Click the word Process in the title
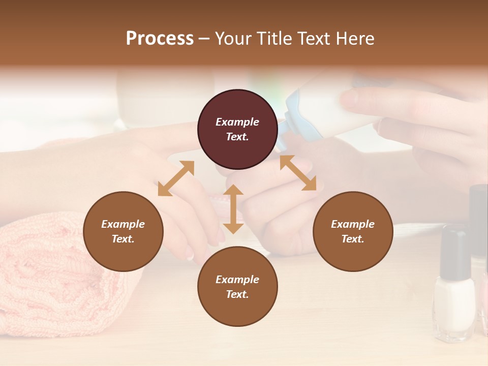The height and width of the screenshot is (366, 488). (x=160, y=39)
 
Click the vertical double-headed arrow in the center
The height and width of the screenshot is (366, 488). (x=233, y=209)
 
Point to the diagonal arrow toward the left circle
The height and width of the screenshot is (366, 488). (x=176, y=178)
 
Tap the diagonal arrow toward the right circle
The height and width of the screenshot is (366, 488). (x=298, y=173)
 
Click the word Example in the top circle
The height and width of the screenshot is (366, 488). (x=237, y=122)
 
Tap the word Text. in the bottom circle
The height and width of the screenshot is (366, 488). (x=237, y=294)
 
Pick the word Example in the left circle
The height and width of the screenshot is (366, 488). (x=123, y=224)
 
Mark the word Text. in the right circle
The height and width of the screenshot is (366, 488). (x=353, y=239)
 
